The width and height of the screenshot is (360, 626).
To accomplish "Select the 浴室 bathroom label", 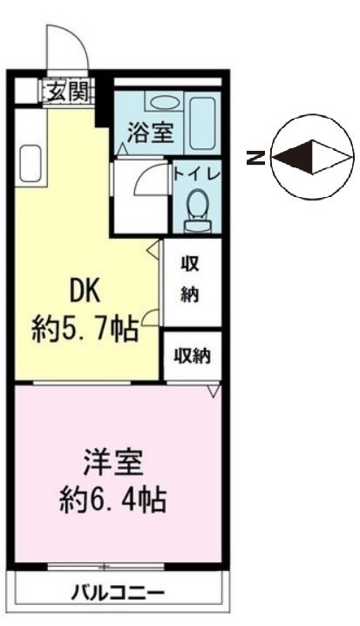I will coord(150,133).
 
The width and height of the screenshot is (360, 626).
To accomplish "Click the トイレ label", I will coord(199,172).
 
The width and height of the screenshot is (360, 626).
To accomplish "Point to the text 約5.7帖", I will coord(85,330).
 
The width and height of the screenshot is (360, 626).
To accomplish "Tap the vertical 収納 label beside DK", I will coord(190,279).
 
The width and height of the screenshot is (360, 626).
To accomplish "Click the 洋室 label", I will coord(113,460).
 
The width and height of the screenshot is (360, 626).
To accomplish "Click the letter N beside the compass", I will coord(255,158).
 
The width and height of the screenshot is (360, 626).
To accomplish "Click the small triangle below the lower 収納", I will coord(214,392).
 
